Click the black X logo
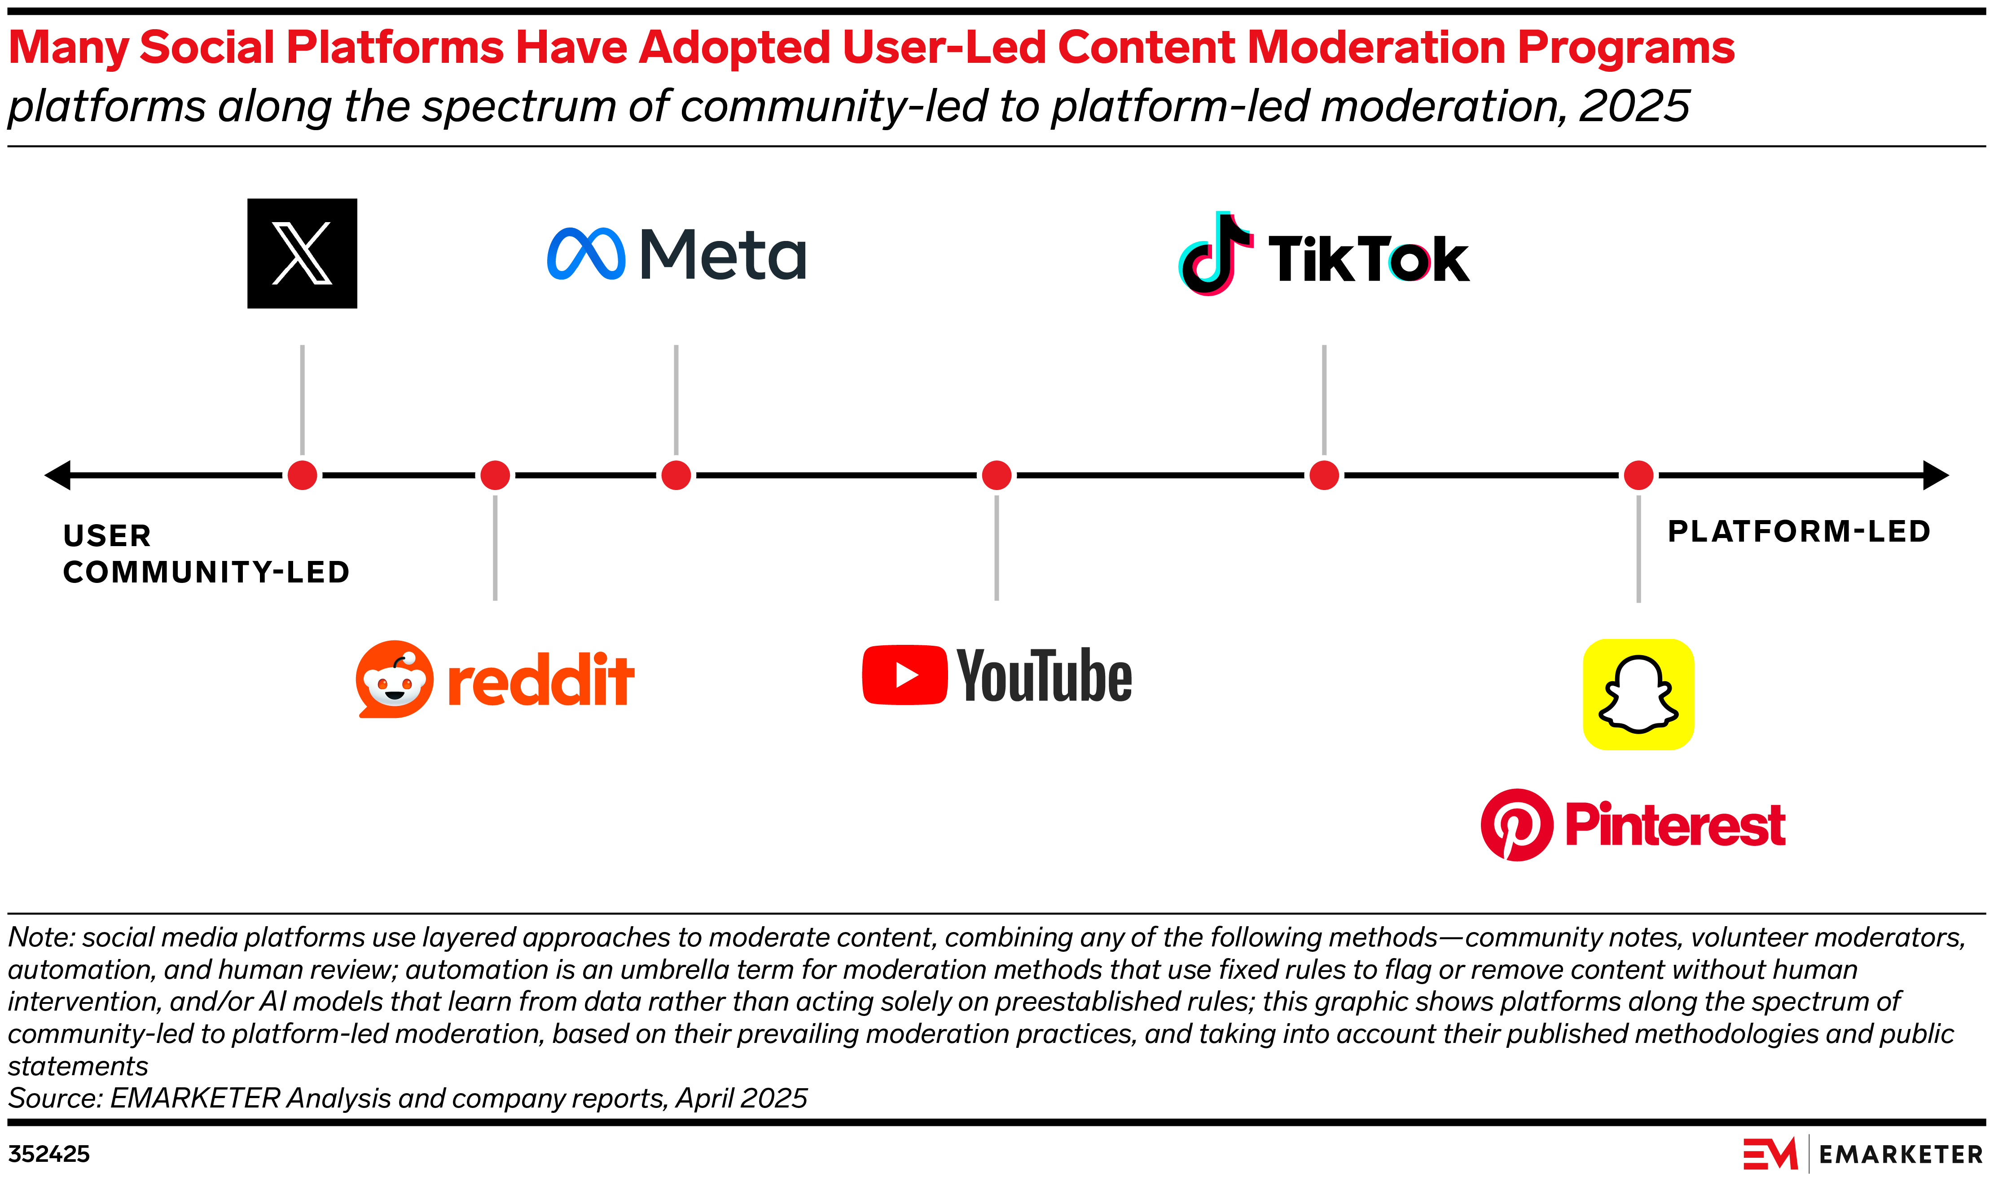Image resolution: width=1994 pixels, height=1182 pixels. [x=302, y=253]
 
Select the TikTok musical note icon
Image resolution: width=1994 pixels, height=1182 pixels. [x=1214, y=255]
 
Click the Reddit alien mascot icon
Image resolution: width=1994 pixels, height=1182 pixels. [x=394, y=679]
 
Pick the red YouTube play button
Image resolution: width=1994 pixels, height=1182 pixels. [x=904, y=675]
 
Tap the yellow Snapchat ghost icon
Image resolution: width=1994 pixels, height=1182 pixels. [x=1638, y=695]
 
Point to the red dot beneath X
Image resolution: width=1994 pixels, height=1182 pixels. [x=302, y=476]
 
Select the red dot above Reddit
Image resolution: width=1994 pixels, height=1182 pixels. [x=495, y=476]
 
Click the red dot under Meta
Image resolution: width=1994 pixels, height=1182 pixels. [x=676, y=476]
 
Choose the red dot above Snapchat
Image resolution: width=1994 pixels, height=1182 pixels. [x=1638, y=476]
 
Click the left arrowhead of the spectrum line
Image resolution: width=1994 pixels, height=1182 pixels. [x=57, y=476]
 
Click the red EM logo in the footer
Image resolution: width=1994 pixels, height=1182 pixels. [x=1770, y=1154]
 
